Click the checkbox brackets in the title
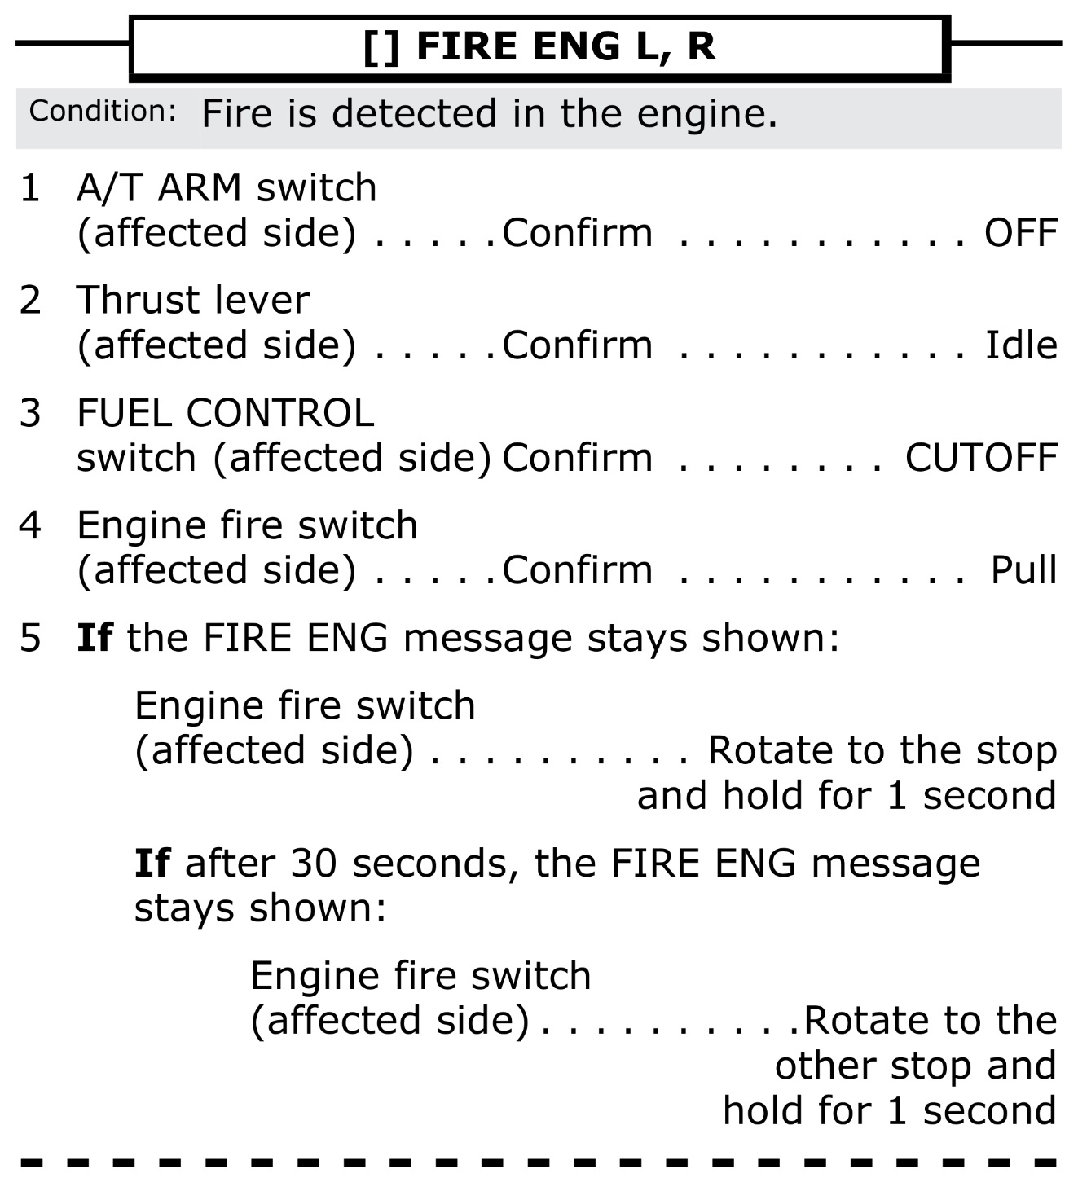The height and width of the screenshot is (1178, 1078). pos(381,47)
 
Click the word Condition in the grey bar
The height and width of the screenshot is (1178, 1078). pos(103,112)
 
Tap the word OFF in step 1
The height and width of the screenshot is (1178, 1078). pos(1020,234)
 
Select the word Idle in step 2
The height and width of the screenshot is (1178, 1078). pos(1021,346)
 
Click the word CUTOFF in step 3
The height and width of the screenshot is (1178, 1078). pos(981,459)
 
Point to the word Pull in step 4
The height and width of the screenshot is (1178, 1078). pos(1023,571)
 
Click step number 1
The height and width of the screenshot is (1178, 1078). pos(30,190)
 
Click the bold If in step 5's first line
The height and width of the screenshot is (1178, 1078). pos(94,638)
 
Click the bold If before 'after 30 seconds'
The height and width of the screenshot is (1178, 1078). pos(152,863)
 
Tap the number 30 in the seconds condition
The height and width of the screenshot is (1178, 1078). pos(313,864)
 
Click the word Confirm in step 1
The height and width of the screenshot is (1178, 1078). pos(577,234)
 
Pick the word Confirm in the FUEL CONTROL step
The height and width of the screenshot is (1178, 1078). pos(577,459)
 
